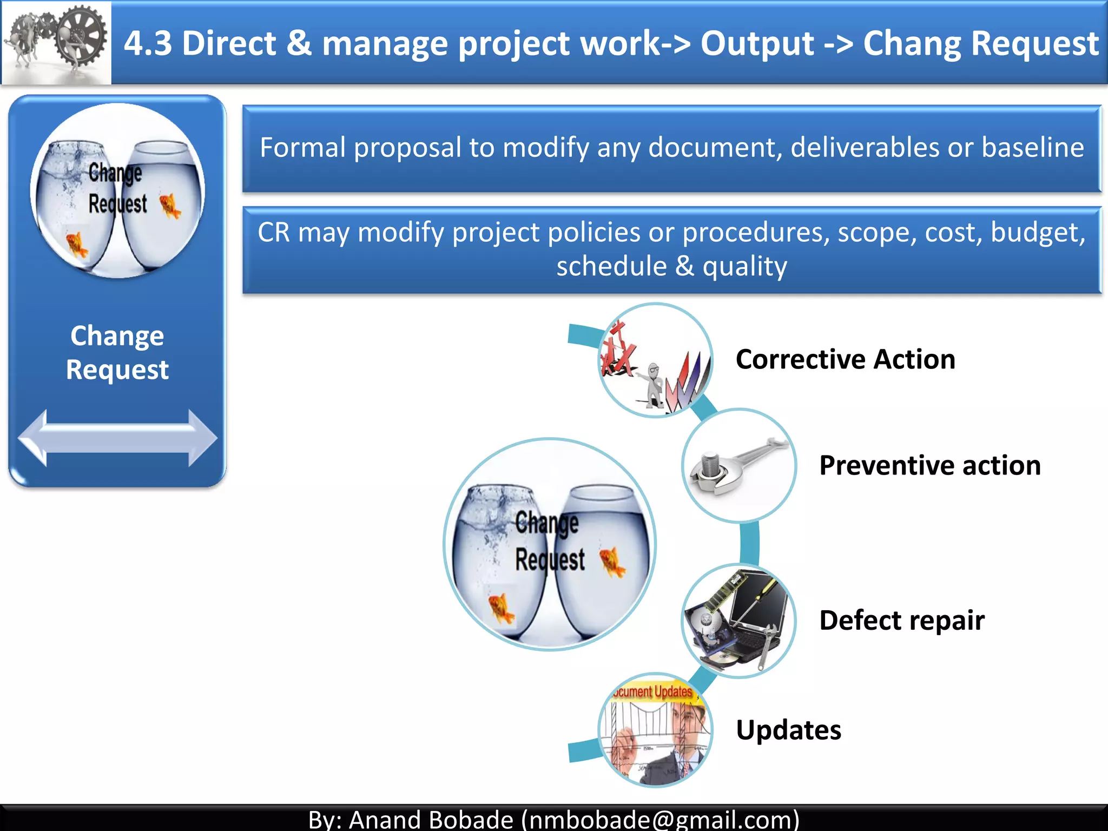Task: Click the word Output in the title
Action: point(757,43)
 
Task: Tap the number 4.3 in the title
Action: point(148,43)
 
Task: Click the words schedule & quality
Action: point(671,266)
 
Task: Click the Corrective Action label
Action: point(845,360)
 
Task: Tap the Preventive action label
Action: point(929,465)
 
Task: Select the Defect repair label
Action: point(901,620)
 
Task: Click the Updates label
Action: point(788,730)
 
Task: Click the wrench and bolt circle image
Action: point(738,465)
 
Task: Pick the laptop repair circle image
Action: point(738,621)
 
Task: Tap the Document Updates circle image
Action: point(655,730)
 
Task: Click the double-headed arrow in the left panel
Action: point(117,438)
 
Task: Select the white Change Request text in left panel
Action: point(117,352)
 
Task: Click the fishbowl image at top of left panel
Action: point(117,190)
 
